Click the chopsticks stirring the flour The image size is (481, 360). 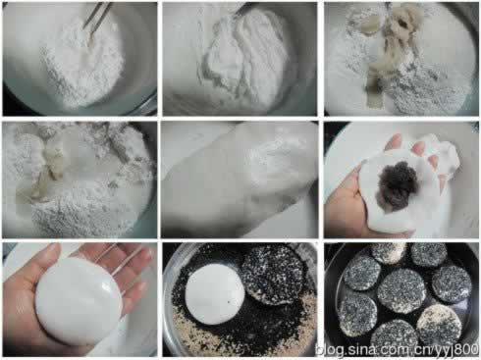pyautogui.click(x=96, y=15)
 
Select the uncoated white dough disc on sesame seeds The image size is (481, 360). pyautogui.click(x=215, y=293)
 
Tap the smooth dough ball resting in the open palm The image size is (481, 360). pyautogui.click(x=79, y=301)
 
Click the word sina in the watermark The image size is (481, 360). pyautogui.click(x=359, y=350)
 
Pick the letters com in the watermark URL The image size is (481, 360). pyautogui.click(x=392, y=350)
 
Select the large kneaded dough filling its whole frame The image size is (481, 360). pyautogui.click(x=240, y=180)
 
